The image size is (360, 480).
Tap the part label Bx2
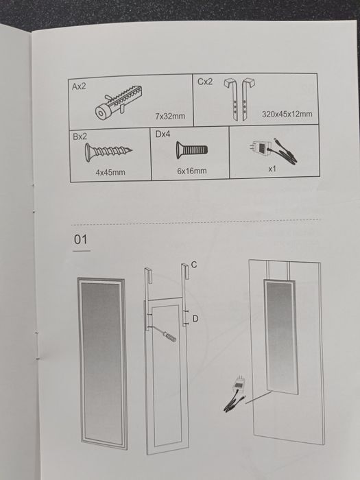click(80, 137)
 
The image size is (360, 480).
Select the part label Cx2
click(205, 82)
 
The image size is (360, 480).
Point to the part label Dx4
click(163, 135)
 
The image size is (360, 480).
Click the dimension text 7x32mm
click(170, 117)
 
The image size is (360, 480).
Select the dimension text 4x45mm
click(110, 172)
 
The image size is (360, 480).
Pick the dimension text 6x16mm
click(191, 170)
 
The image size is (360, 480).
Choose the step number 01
click(81, 239)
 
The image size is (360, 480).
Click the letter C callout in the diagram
click(194, 265)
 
